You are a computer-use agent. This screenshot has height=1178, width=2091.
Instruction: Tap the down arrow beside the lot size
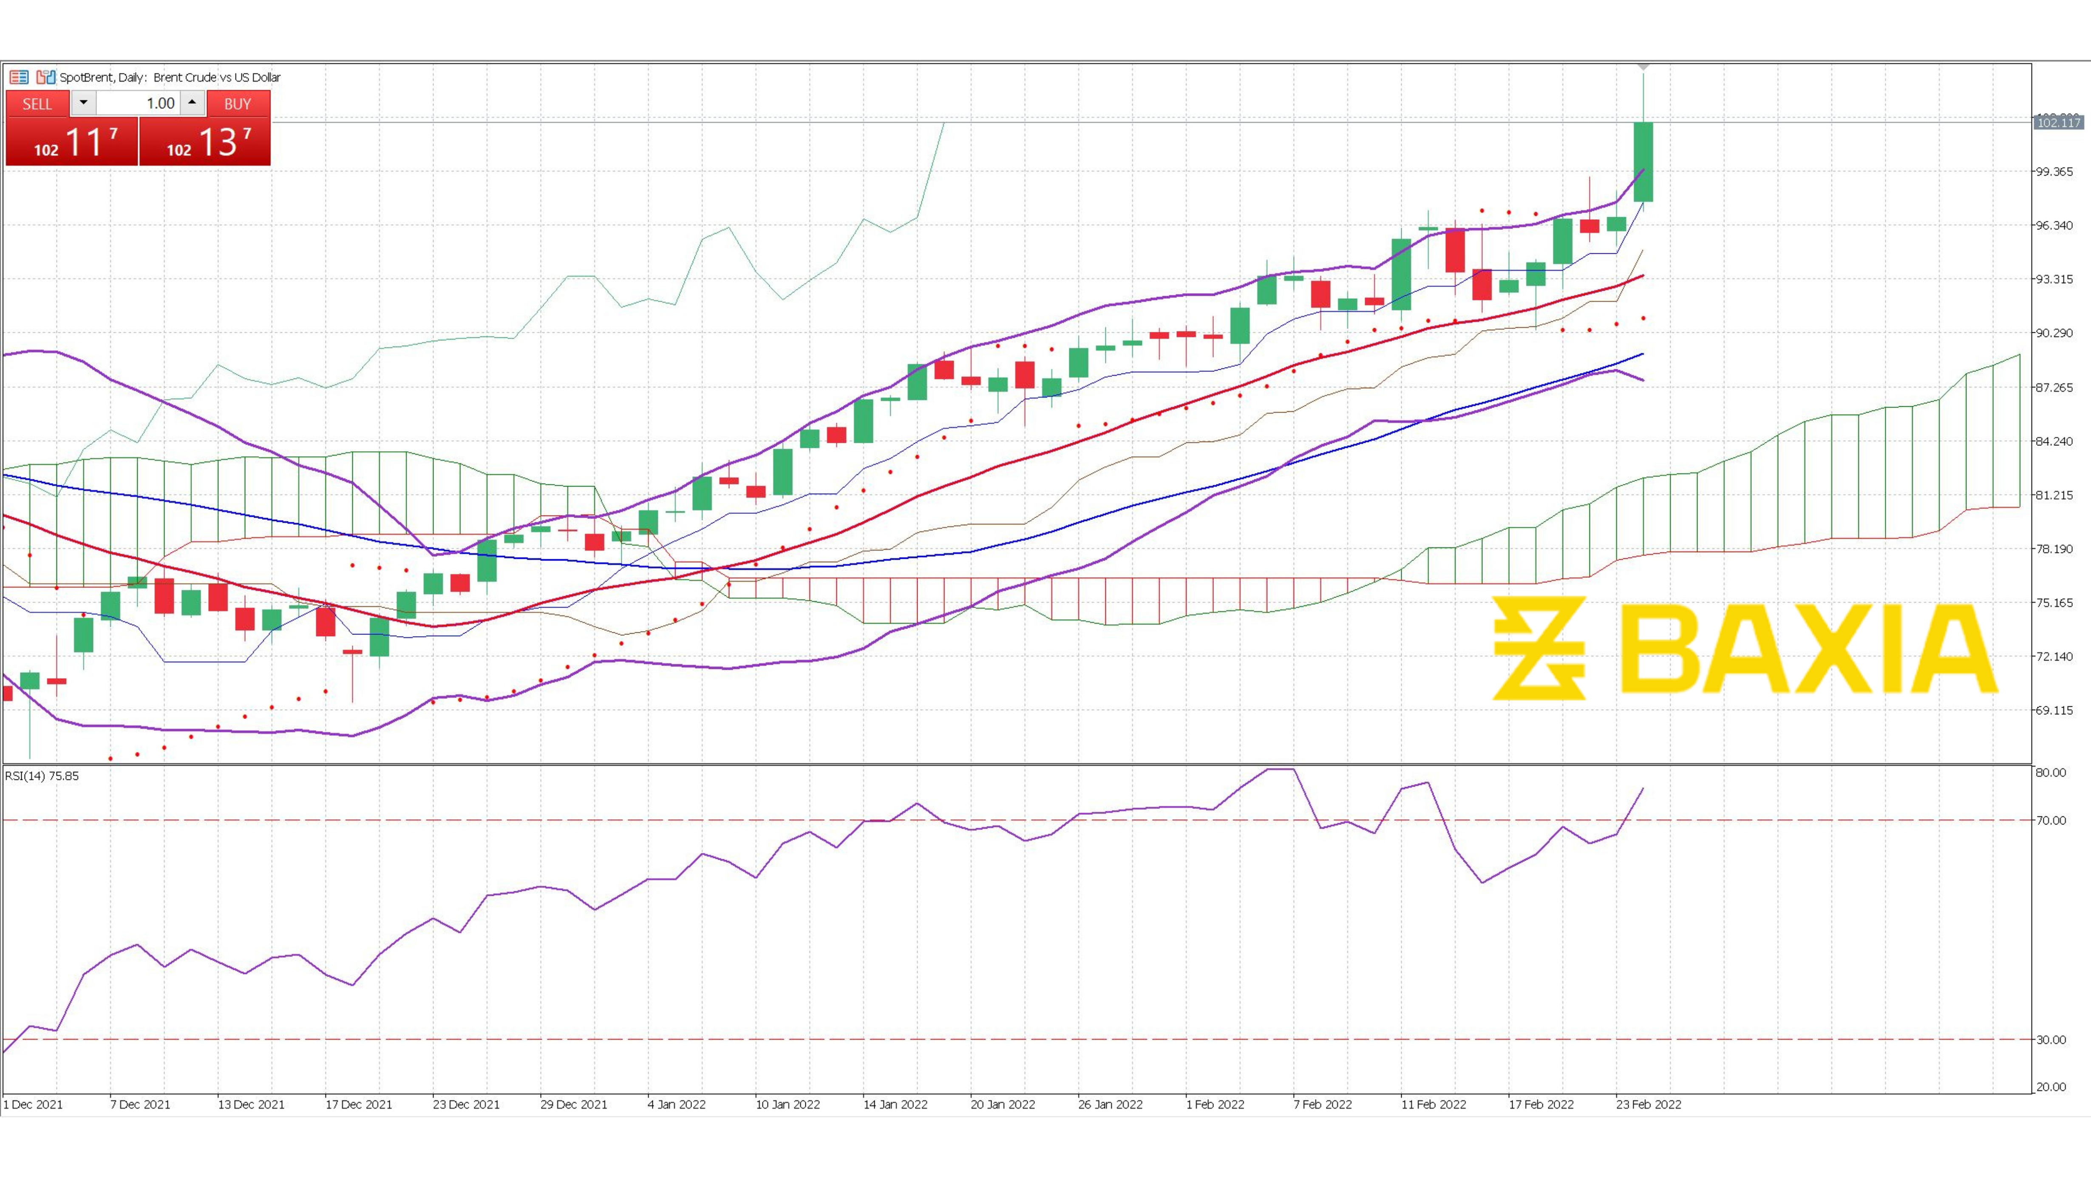tap(83, 103)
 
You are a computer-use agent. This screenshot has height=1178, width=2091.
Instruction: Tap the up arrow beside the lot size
tap(192, 103)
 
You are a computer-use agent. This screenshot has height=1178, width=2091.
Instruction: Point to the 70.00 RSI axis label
tap(2051, 820)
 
